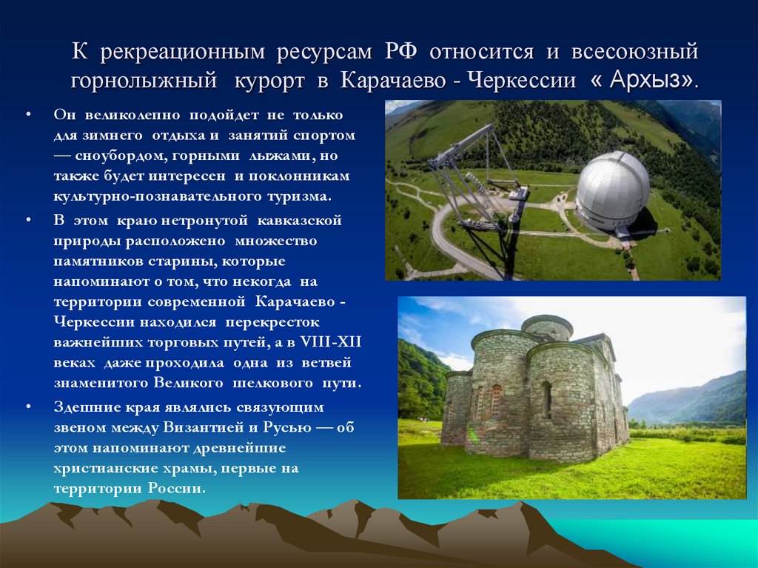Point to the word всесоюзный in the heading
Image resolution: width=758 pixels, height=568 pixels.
[634, 52]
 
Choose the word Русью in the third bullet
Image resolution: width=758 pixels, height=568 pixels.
[287, 428]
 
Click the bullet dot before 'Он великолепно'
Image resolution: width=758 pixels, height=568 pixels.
[27, 116]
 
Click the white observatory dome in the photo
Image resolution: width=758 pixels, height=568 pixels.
[612, 188]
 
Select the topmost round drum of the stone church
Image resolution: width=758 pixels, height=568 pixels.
[547, 327]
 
